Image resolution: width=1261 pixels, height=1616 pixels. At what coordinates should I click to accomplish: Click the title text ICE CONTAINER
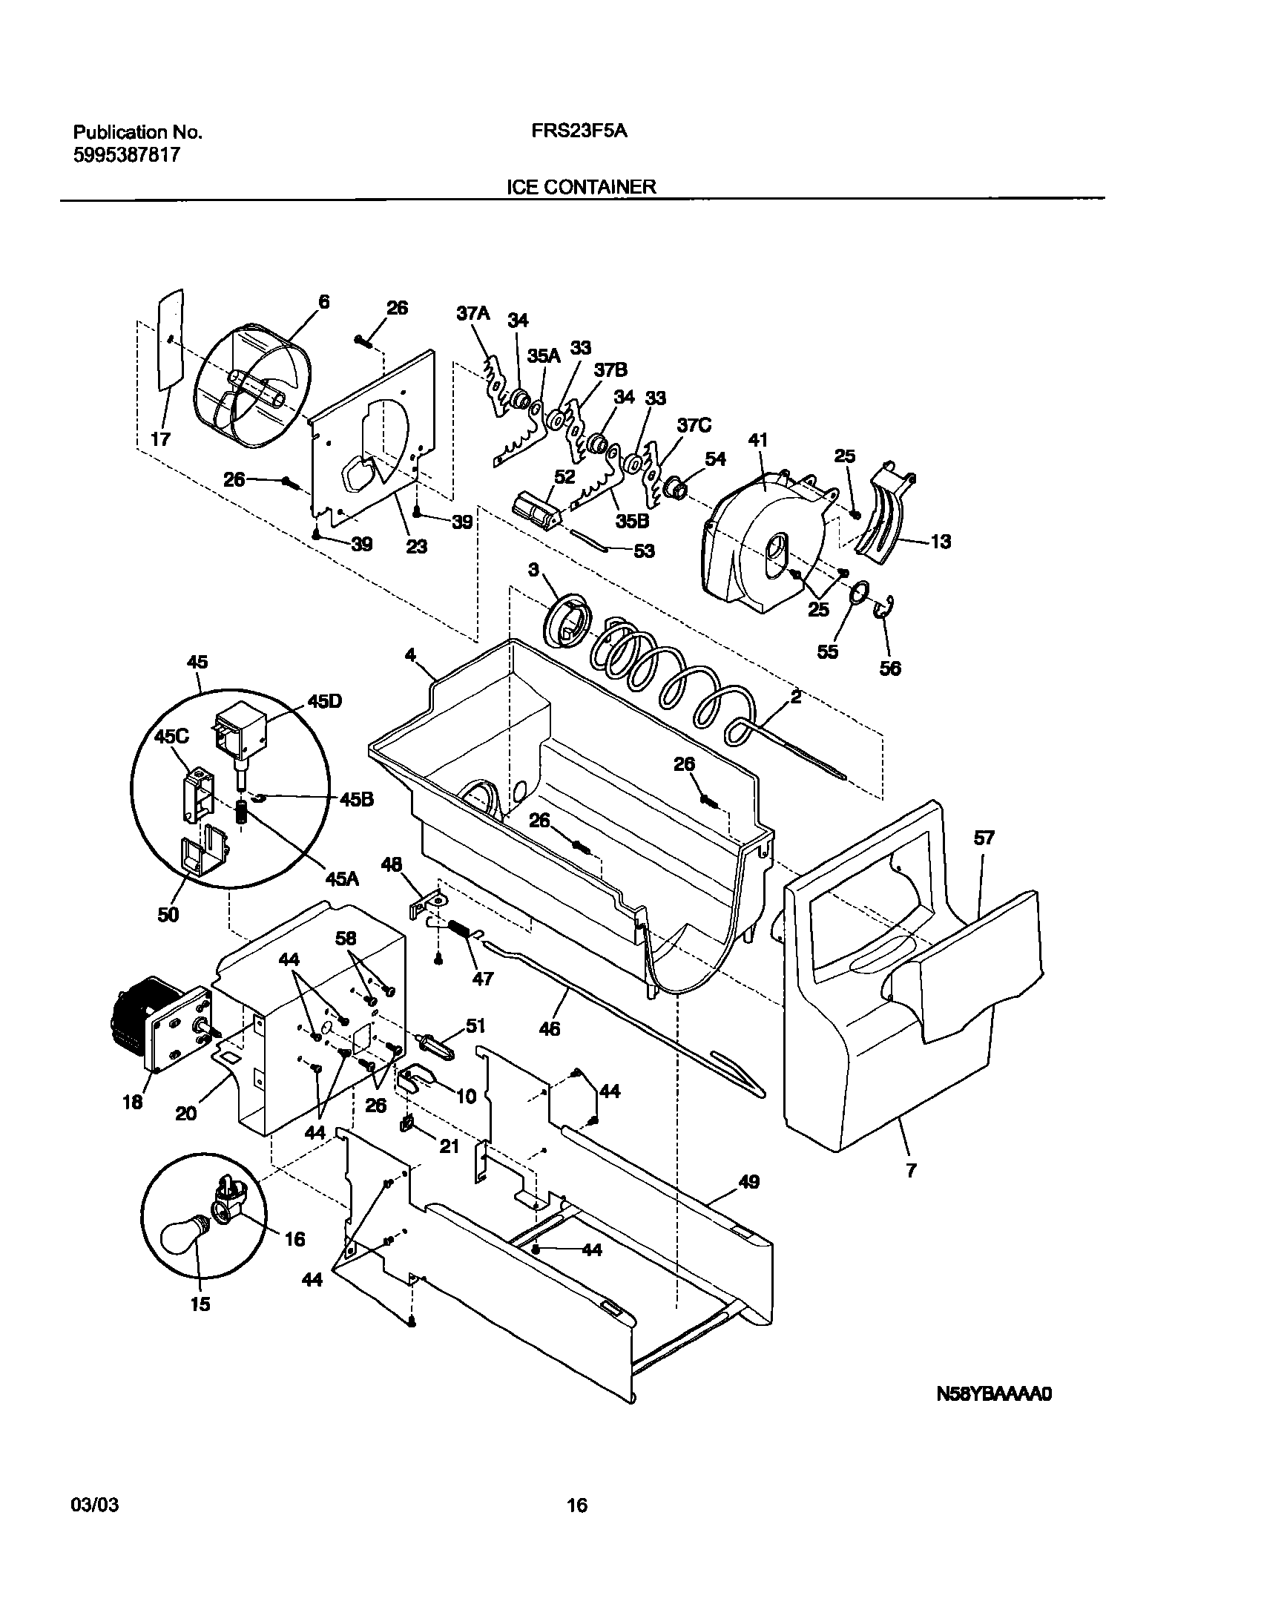point(581,186)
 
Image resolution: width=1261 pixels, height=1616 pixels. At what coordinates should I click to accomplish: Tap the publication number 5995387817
point(126,156)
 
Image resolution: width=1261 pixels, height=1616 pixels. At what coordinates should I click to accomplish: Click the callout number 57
point(984,838)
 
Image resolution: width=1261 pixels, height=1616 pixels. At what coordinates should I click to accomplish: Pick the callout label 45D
point(324,701)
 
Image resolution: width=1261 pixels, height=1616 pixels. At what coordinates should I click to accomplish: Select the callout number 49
point(749,1182)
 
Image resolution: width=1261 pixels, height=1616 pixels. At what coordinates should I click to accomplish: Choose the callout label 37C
point(694,425)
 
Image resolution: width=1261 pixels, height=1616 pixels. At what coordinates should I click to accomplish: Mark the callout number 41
point(757,440)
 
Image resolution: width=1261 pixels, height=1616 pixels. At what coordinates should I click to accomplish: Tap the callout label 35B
point(631,521)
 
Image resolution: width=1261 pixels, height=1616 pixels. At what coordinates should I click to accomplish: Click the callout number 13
point(941,542)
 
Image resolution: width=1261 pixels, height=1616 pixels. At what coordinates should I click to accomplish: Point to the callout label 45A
point(342,879)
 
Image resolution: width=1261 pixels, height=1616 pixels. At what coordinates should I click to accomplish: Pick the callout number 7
point(911,1170)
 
